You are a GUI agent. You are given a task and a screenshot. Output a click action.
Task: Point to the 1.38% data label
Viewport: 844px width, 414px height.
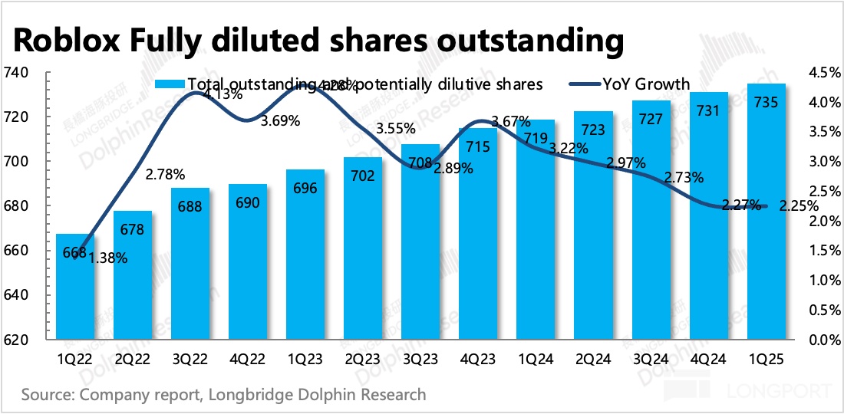click(108, 258)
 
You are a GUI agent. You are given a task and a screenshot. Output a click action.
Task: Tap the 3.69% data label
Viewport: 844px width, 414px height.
click(280, 121)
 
